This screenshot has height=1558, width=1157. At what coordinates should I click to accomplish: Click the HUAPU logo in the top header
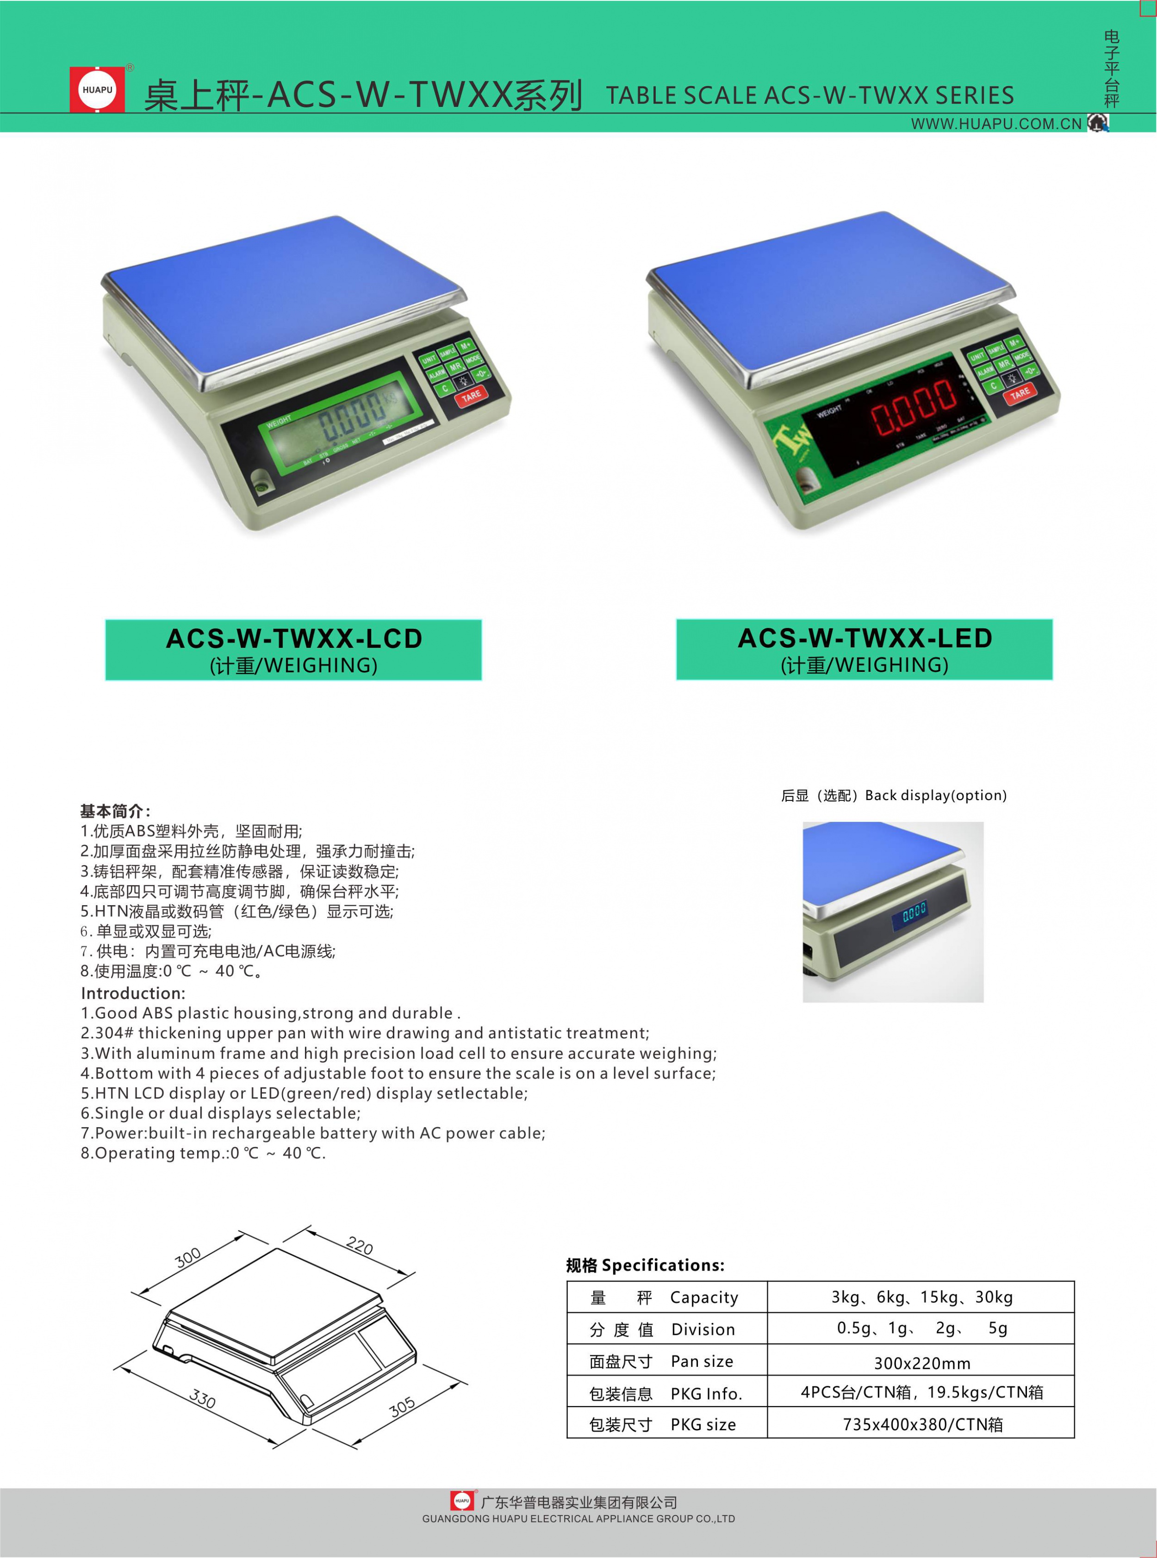coord(97,90)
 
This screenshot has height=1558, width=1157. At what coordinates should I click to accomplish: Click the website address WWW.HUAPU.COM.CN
coord(996,124)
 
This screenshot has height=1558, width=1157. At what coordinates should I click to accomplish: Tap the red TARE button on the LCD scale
coord(471,397)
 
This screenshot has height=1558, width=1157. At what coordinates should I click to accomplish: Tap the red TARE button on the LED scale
coord(1020,393)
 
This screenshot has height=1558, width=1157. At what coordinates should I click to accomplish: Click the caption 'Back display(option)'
coord(936,795)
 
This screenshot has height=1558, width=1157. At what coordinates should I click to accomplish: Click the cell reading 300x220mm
coord(922,1363)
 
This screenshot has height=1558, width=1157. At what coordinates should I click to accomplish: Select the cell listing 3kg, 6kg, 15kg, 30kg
coord(922,1297)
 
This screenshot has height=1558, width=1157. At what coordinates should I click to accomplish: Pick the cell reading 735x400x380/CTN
coord(922,1424)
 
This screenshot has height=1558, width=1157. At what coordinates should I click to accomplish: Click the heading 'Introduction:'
coord(133,993)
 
